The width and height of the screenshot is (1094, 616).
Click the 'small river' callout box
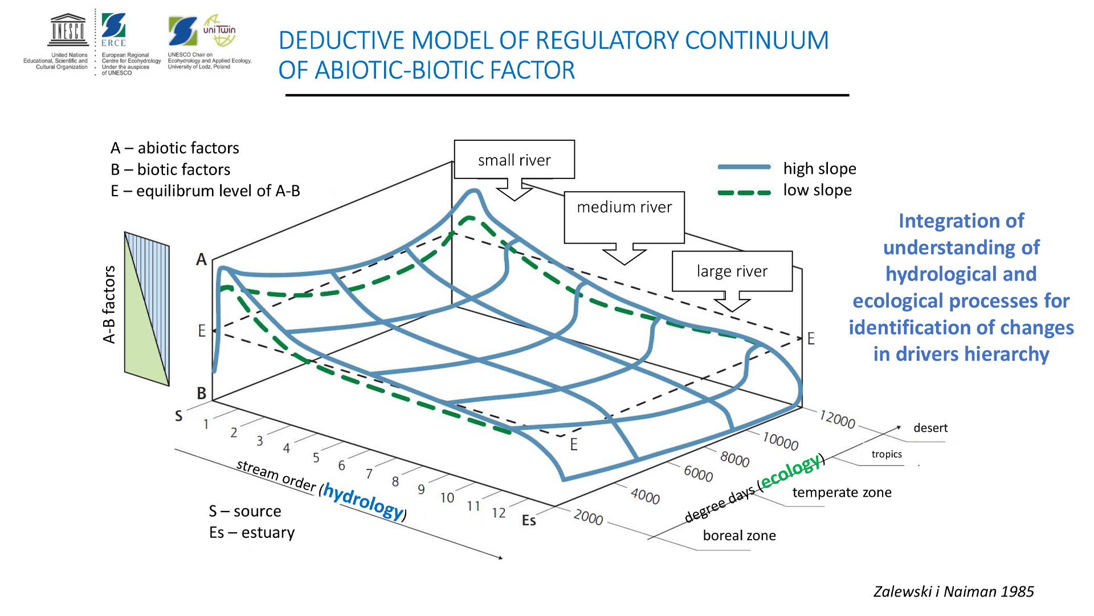[x=514, y=160]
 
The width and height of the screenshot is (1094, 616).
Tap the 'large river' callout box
[x=732, y=271]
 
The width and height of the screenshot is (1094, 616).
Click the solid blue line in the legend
[x=744, y=167]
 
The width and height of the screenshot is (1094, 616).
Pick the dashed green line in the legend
[x=744, y=193]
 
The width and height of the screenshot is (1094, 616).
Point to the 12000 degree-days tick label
[x=837, y=419]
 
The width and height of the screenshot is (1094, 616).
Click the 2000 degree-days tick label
[x=588, y=517]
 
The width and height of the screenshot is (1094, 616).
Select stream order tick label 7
[x=369, y=473]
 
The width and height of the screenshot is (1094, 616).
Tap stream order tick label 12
[x=499, y=513]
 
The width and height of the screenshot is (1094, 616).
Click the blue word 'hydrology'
[x=363, y=500]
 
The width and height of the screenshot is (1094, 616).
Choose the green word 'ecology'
[x=790, y=471]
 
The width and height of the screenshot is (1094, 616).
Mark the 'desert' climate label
[x=930, y=428]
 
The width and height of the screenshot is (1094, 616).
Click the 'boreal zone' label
[x=739, y=536]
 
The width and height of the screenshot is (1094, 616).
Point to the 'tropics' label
[x=887, y=454]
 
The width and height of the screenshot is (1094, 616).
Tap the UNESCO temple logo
[x=68, y=30]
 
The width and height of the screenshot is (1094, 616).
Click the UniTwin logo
[x=219, y=30]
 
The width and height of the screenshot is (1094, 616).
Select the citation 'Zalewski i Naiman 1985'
[x=953, y=591]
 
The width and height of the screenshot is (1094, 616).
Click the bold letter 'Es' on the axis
[x=529, y=520]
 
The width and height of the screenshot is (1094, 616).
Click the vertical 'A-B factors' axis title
[x=109, y=305]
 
